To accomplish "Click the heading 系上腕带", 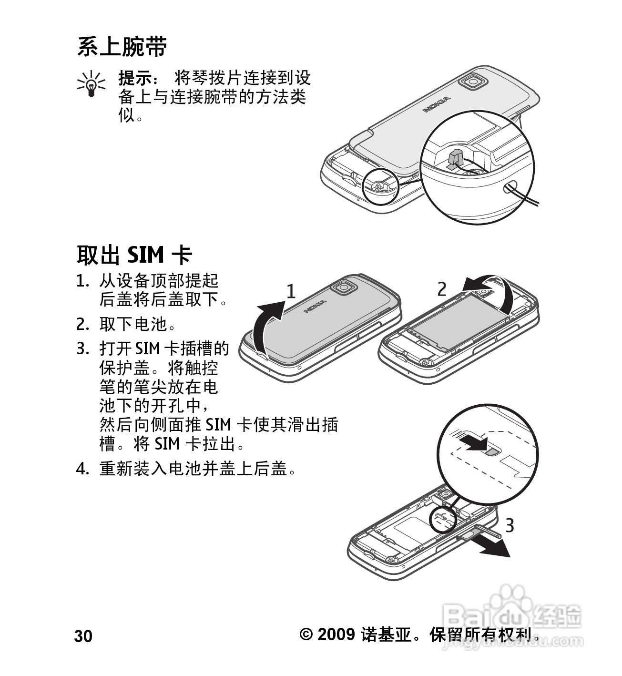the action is click(x=122, y=47).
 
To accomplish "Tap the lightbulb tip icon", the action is click(x=91, y=84).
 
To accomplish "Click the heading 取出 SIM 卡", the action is click(x=134, y=255).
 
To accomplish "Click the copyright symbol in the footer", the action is click(x=306, y=634).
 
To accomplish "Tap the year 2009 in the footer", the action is click(x=336, y=634).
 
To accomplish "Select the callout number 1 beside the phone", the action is click(x=291, y=291).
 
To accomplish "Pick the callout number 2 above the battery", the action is click(x=442, y=289).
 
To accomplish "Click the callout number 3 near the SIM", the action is click(x=510, y=525).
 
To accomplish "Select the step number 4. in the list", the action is click(x=82, y=469).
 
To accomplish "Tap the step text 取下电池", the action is click(x=133, y=324).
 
